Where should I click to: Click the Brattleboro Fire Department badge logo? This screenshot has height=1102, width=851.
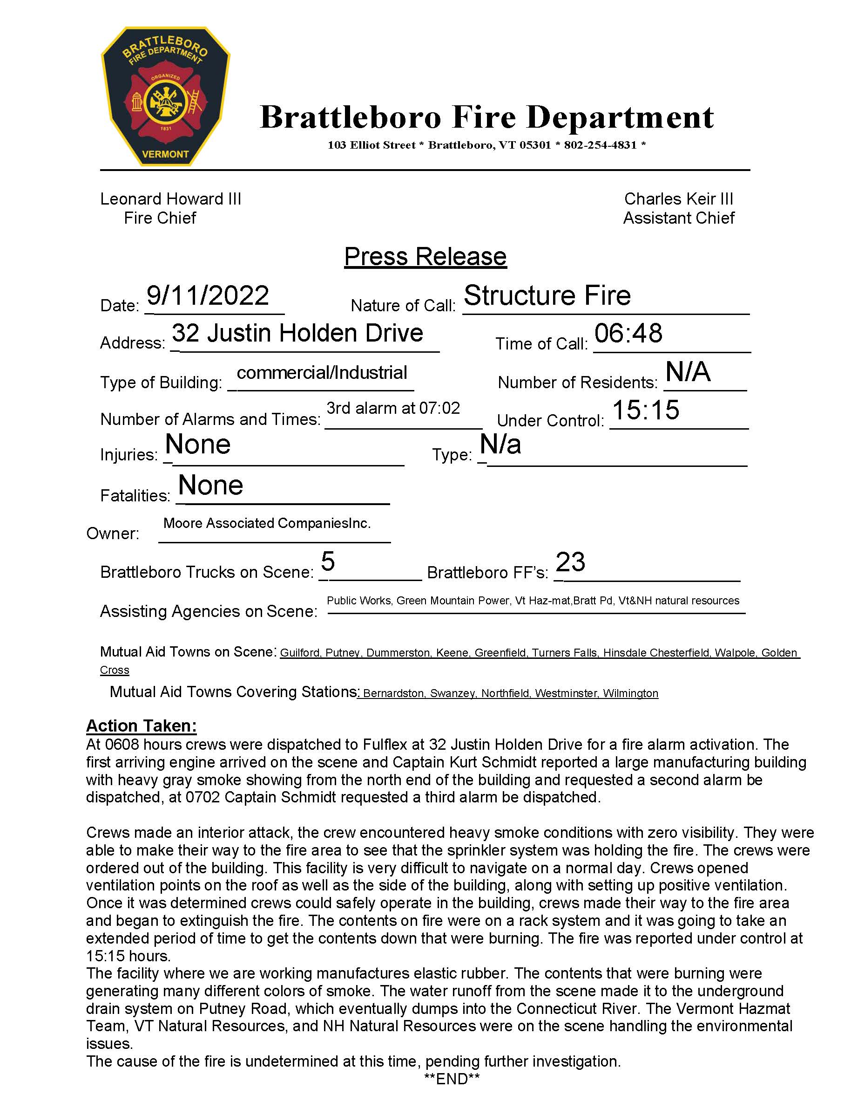tap(165, 96)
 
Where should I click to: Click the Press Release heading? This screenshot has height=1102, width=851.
tap(425, 256)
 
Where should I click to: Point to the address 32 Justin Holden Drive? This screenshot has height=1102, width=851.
tap(297, 333)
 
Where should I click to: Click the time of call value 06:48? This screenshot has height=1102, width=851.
tap(628, 334)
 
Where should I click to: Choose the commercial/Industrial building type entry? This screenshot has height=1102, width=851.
tap(322, 372)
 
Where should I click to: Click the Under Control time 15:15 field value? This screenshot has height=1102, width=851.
tap(646, 410)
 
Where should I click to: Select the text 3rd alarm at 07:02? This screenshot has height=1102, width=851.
tap(393, 408)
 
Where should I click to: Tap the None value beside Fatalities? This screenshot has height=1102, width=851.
tap(211, 485)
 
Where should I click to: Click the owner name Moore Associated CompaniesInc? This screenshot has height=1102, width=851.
tap(267, 523)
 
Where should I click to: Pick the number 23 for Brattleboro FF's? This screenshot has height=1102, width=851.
tap(570, 561)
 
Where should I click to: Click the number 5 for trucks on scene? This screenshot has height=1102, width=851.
tap(328, 561)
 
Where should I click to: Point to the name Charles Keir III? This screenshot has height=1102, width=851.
tap(679, 199)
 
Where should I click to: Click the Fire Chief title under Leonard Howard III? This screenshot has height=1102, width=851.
tap(160, 218)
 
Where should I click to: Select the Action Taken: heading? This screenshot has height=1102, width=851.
tap(141, 726)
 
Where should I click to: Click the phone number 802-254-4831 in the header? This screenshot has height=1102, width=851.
tap(600, 145)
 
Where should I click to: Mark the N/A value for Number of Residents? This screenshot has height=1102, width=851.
tap(688, 372)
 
